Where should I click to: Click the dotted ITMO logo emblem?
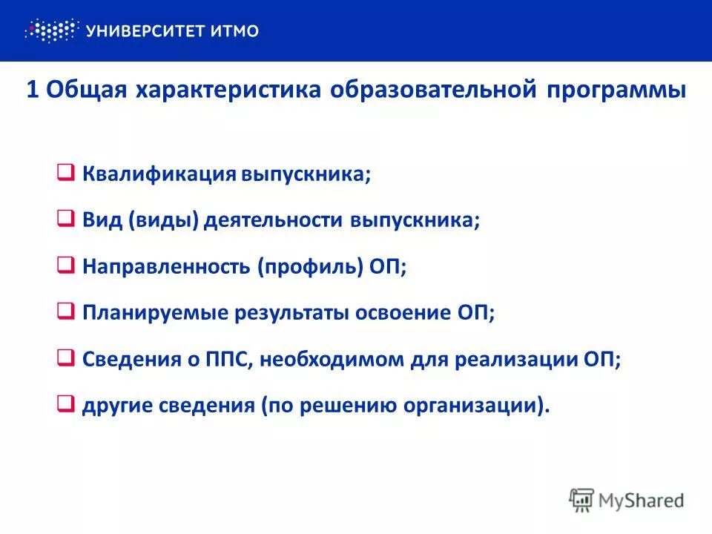point(50,30)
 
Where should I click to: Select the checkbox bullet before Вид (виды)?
point(65,220)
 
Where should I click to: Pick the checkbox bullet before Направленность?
point(65,266)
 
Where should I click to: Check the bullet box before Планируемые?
point(65,312)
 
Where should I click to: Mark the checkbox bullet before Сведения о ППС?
point(65,358)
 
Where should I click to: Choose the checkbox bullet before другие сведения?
point(65,405)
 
